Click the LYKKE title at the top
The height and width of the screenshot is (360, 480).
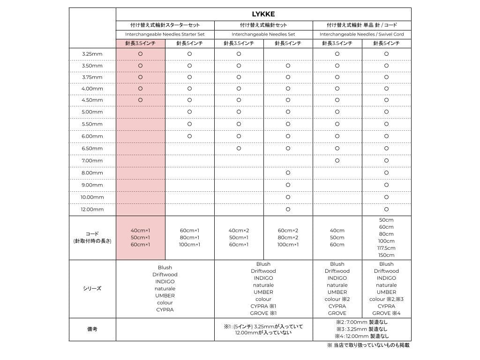tap(263, 14)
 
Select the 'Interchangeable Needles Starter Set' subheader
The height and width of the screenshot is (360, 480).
tap(165, 34)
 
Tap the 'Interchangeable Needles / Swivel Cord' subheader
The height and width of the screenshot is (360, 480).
tap(361, 34)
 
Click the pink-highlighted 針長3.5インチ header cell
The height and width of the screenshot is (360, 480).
tap(140, 43)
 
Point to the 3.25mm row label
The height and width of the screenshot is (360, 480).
tap(92, 54)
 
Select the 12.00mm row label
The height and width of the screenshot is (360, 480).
tap(92, 210)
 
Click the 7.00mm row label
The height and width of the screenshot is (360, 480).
tap(92, 161)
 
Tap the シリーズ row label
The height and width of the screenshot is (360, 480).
tap(92, 289)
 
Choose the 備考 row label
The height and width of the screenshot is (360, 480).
tap(92, 329)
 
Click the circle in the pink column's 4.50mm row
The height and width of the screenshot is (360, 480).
tap(140, 100)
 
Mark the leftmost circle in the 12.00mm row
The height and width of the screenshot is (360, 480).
tap(288, 210)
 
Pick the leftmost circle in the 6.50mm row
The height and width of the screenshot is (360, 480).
tap(239, 149)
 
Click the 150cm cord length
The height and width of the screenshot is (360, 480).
tap(386, 255)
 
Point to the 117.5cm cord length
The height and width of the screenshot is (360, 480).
tap(386, 248)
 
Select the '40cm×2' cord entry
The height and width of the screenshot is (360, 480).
tap(239, 231)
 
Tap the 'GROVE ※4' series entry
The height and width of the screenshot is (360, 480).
tap(386, 313)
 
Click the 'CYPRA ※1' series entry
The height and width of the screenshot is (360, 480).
tap(263, 306)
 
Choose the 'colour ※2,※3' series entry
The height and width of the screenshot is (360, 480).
tap(386, 299)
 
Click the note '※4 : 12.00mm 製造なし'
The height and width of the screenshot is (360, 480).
tap(361, 336)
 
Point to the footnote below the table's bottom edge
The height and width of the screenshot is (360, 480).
tap(368, 345)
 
